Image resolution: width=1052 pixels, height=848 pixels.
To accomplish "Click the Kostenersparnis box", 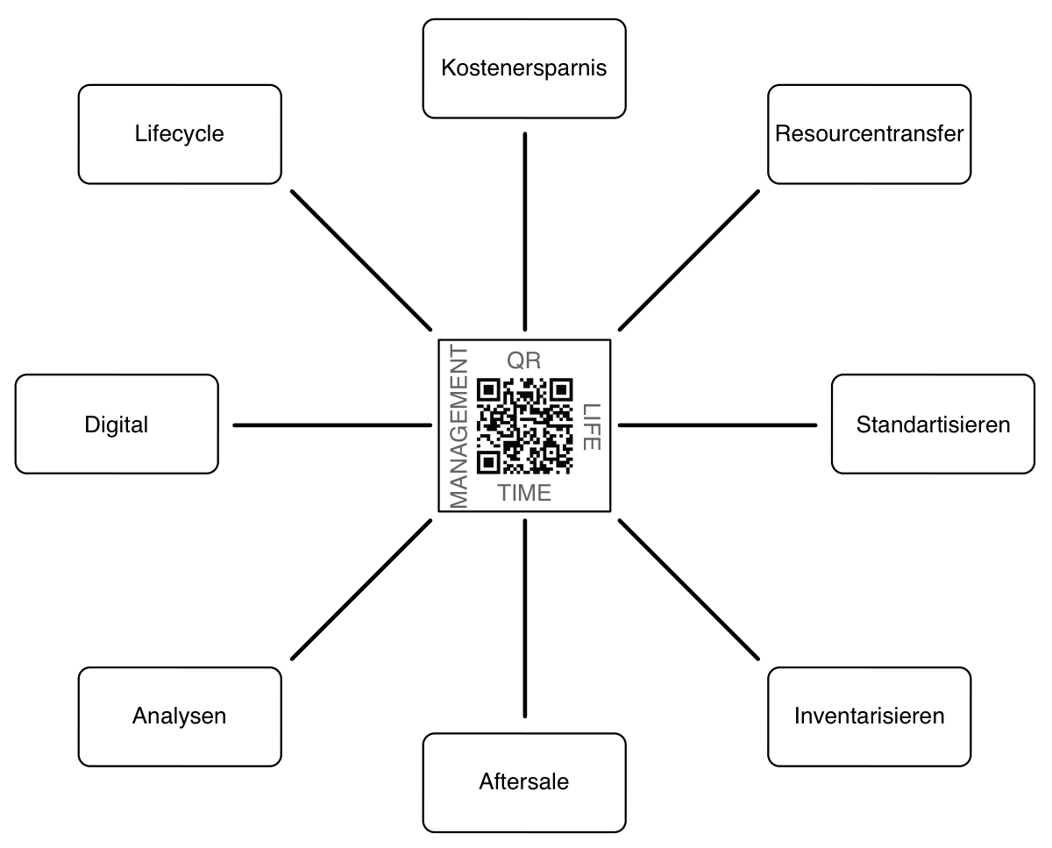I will coord(524,68).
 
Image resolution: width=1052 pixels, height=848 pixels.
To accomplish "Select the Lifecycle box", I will coord(180,134).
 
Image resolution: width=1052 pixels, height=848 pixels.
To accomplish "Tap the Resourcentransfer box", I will coord(869,134).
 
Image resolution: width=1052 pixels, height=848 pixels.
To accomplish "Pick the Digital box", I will coord(117,424).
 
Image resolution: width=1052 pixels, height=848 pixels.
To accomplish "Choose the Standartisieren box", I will coord(933,424).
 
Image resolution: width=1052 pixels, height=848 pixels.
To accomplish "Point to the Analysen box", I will coord(180,716).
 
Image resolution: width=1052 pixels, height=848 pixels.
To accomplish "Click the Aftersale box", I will coord(524,781).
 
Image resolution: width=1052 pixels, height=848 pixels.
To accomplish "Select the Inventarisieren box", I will coord(869,716).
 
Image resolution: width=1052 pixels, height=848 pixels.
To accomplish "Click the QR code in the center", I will coord(524,425).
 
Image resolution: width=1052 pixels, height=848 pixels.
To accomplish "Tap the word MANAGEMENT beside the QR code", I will coord(458,427).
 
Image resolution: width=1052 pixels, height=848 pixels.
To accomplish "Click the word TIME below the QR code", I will coord(524,493).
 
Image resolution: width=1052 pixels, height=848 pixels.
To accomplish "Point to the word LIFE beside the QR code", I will coord(592,426).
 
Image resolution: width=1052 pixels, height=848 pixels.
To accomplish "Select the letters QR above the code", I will coord(524,360).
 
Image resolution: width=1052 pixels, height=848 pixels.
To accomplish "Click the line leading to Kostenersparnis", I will coord(524,230).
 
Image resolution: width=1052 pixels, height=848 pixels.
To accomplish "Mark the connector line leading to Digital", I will coord(332,425).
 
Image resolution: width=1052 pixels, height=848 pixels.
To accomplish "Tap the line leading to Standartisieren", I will coord(717,425).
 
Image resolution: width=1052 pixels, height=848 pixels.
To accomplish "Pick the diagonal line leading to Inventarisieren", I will coord(689,588).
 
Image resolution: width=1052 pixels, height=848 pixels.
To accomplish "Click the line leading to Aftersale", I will coord(524,617).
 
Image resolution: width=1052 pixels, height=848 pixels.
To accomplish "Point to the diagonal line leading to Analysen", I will coord(361,588).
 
